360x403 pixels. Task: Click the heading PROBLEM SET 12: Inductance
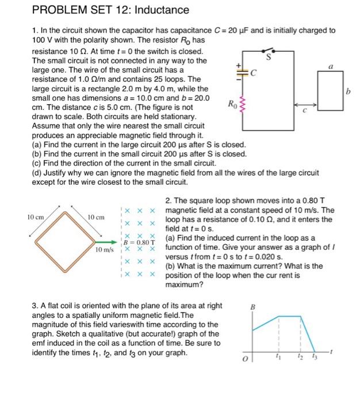coord(110,10)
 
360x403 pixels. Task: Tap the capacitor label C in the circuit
coord(252,73)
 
